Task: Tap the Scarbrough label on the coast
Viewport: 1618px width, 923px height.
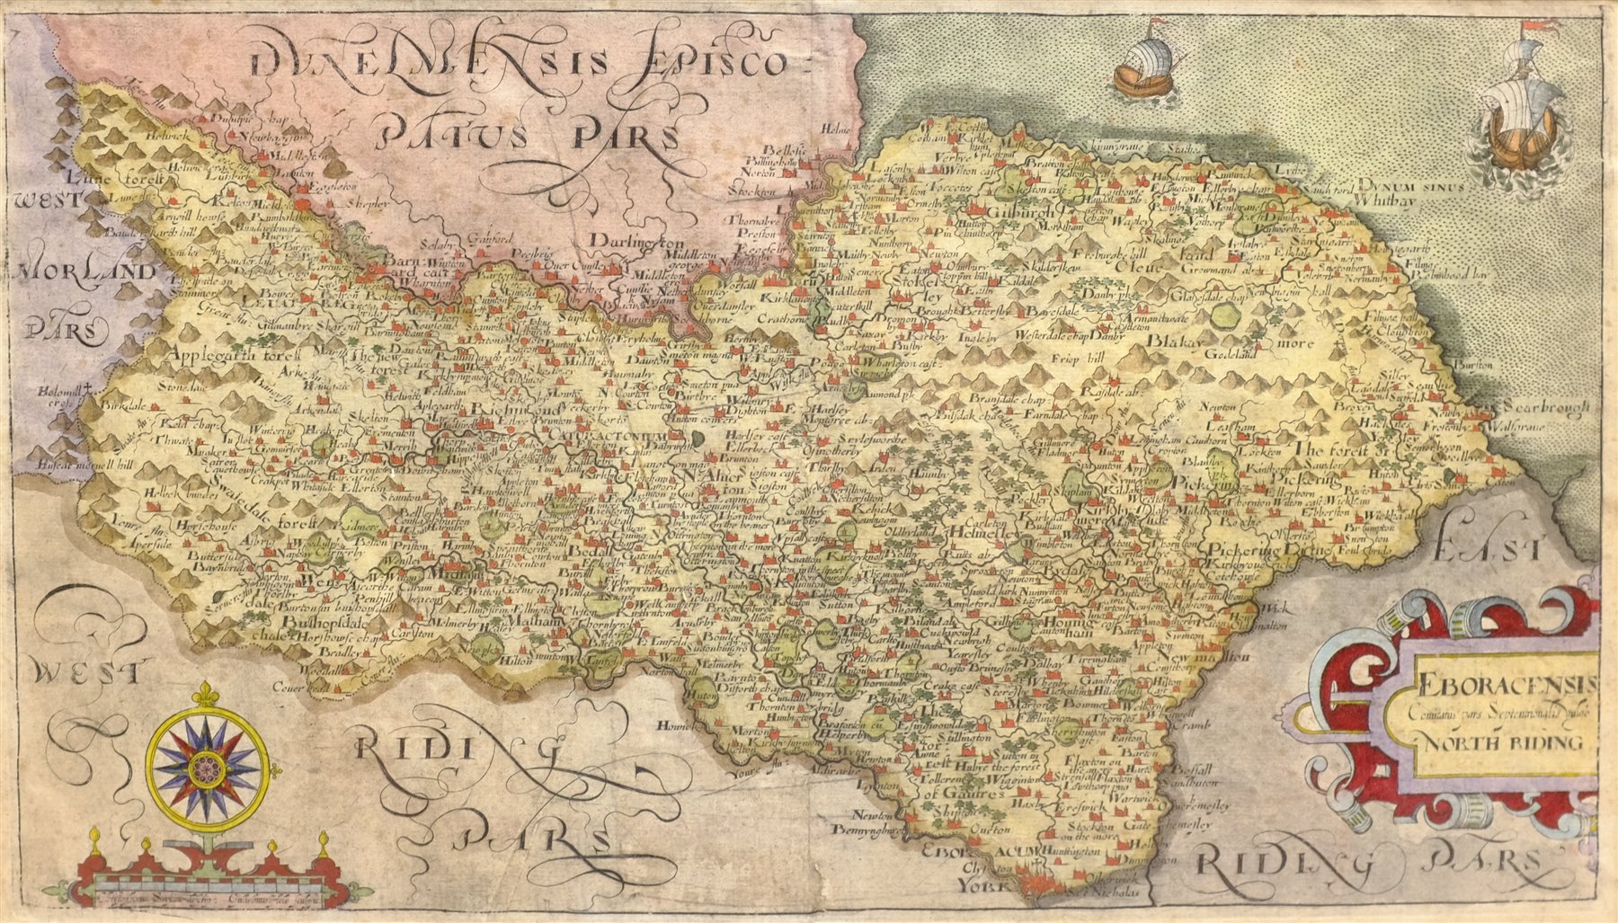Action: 1542,408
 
